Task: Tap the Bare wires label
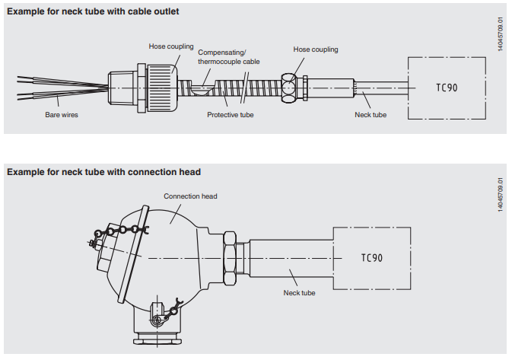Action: (62, 115)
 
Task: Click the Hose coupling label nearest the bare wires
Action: (171, 46)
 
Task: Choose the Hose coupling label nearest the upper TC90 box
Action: (316, 49)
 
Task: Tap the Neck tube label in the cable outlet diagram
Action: (370, 115)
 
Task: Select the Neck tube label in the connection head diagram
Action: (299, 292)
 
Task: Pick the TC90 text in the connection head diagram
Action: (371, 257)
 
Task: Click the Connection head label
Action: (190, 196)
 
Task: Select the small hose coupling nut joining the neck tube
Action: (289, 87)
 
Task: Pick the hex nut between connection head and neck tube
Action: (229, 257)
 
